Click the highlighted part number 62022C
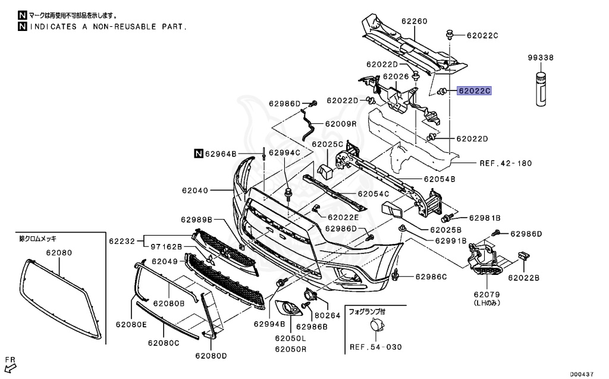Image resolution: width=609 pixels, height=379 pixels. click(x=474, y=91)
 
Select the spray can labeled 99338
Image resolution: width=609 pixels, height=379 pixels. click(x=541, y=89)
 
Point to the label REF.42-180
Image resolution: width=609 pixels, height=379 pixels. click(x=505, y=162)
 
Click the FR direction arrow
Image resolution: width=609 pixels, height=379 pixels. click(x=10, y=365)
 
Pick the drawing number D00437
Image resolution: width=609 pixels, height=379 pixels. click(x=582, y=374)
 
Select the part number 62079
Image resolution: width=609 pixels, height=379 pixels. click(x=486, y=294)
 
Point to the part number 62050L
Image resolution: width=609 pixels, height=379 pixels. click(x=291, y=338)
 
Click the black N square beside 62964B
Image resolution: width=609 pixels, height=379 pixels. click(x=198, y=154)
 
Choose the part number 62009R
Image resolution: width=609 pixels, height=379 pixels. click(x=340, y=124)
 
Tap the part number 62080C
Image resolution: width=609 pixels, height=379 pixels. click(x=164, y=343)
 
